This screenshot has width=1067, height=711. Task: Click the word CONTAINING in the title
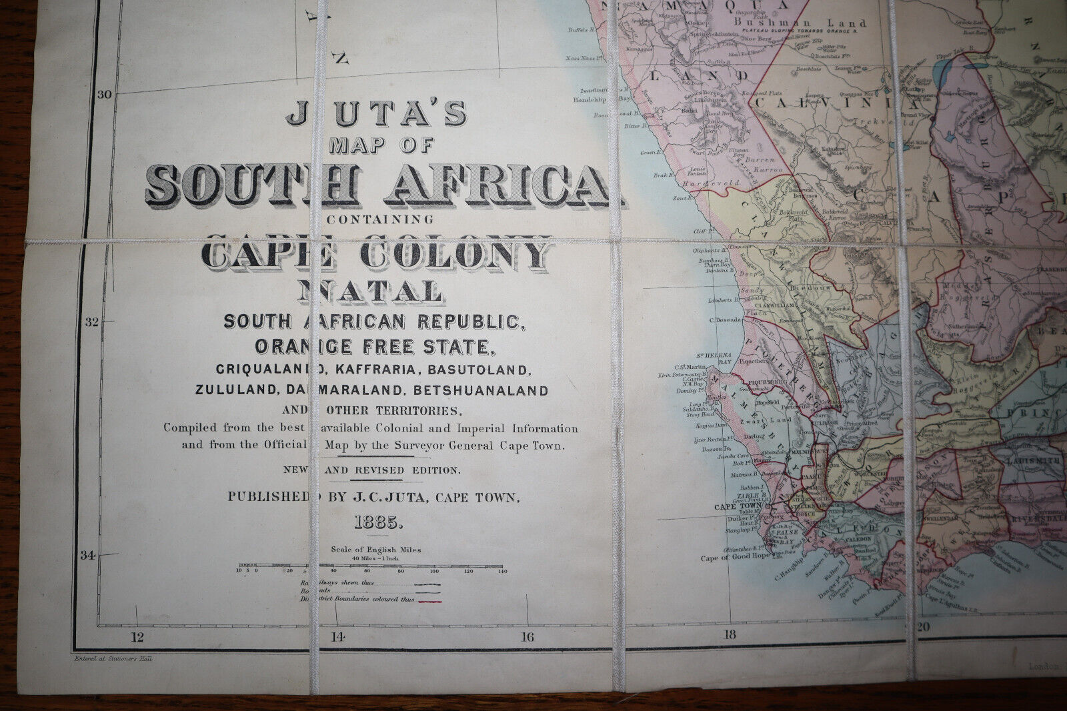tap(377, 219)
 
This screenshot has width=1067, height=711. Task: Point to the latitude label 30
tap(104, 94)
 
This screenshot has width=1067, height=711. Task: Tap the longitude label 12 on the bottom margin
tap(137, 636)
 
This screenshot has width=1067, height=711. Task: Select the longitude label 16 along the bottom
tap(527, 636)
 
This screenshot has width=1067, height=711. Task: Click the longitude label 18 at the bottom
tap(730, 634)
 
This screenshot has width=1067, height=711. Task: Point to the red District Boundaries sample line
tap(429, 600)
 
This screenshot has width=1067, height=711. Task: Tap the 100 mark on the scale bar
tap(435, 572)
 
